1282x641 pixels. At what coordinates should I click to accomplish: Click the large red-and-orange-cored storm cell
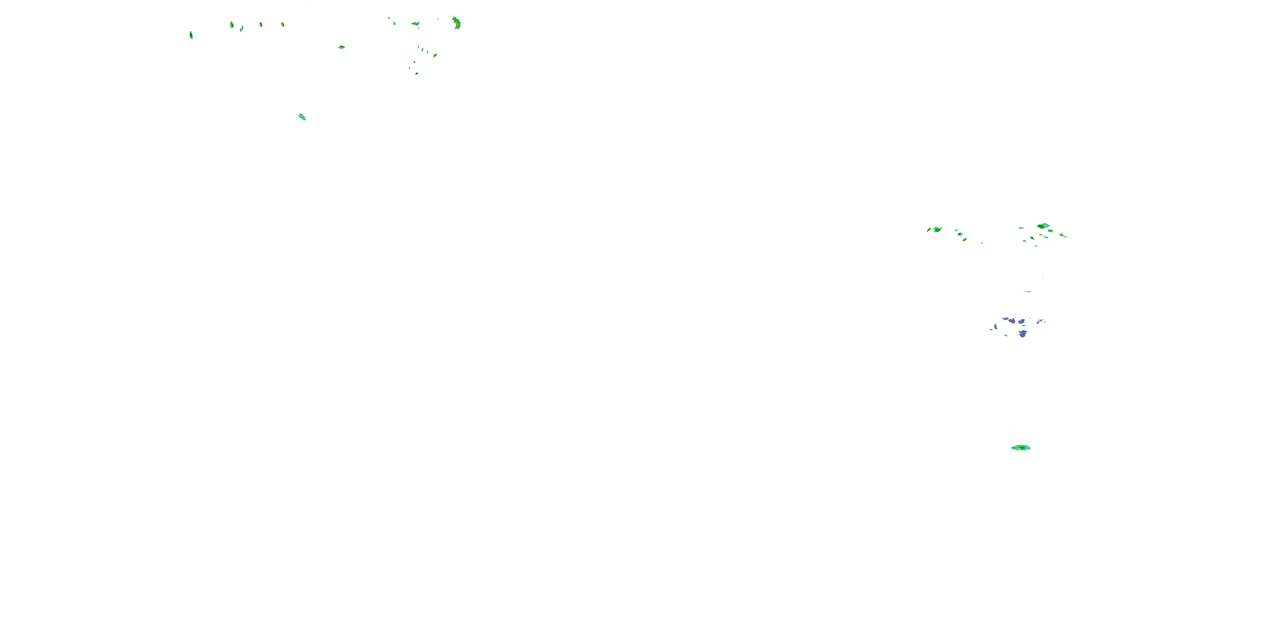(456, 23)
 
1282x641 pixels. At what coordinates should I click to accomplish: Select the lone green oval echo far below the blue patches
(1021, 448)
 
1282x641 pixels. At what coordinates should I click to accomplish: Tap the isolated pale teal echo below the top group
(302, 117)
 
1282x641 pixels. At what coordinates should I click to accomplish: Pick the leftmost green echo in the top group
(191, 35)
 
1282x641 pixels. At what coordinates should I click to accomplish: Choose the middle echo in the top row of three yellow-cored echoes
(261, 24)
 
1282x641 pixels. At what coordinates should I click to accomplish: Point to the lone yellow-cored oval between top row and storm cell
(341, 47)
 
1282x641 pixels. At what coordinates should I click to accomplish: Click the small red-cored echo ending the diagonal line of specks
(435, 55)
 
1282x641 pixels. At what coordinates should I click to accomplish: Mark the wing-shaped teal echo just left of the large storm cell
(415, 24)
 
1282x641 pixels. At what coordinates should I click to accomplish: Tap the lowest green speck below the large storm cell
(417, 74)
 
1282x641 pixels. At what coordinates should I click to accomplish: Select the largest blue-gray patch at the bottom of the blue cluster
(1023, 333)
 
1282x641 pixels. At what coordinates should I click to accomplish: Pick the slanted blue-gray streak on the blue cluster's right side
(1040, 321)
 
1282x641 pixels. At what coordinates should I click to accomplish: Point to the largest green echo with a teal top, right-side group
(1043, 226)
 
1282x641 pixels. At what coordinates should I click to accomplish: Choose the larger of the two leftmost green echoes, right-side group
(937, 229)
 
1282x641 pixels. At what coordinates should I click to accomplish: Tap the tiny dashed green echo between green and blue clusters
(1027, 291)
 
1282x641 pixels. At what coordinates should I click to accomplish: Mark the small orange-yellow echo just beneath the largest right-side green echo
(1041, 235)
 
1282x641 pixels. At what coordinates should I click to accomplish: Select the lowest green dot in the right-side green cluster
(1036, 246)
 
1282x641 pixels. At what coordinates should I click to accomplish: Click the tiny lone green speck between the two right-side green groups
(982, 243)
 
